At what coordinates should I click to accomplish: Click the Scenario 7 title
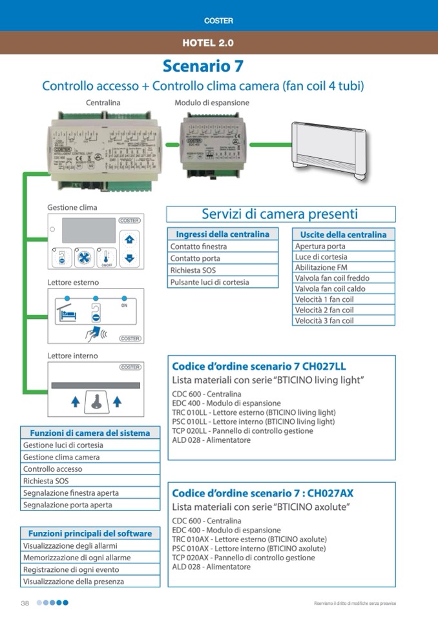click(203, 66)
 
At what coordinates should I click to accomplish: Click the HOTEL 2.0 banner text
click(207, 43)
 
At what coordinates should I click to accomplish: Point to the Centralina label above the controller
click(103, 103)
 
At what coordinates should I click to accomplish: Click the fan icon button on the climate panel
click(83, 257)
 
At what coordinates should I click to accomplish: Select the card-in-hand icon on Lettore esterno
click(94, 332)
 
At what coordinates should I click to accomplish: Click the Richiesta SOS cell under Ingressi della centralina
click(222, 270)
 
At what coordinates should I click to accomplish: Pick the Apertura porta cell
click(343, 247)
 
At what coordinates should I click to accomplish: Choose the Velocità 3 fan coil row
click(343, 321)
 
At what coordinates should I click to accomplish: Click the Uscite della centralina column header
click(343, 234)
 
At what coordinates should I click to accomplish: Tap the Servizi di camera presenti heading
click(280, 214)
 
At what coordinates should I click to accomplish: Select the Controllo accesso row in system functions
click(90, 469)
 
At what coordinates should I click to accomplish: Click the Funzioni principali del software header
click(90, 534)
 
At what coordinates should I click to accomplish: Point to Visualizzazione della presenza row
click(90, 582)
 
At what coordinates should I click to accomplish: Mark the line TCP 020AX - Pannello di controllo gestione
click(244, 558)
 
